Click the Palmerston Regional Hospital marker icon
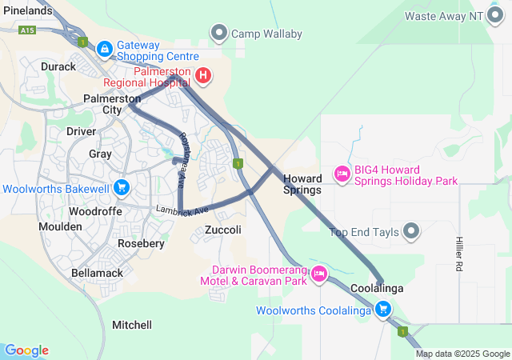203,76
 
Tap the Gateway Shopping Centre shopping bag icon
104,50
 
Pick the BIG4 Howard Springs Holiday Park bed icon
342,174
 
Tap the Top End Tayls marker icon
411,232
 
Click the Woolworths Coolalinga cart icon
383,309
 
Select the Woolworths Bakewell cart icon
121,188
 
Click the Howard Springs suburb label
302,184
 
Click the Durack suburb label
58,66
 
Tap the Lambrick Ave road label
182,210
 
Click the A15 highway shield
28,30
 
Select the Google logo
26,350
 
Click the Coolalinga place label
376,288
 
